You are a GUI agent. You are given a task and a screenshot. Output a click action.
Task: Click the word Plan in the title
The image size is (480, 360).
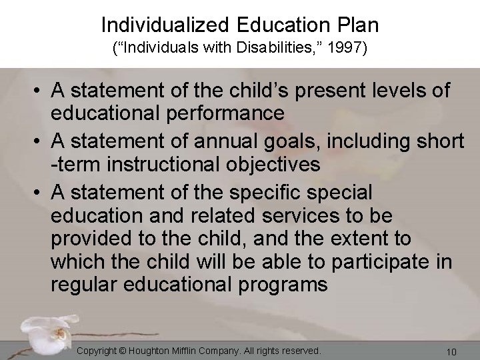pyautogui.click(x=356, y=25)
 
